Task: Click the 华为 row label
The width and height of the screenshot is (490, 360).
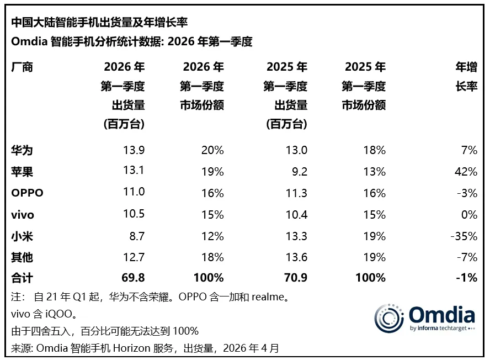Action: tap(22, 150)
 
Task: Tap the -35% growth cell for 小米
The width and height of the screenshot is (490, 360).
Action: tap(463, 236)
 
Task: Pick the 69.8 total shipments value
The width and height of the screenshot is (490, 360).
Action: tap(133, 278)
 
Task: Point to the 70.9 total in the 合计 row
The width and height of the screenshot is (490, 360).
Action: tap(295, 278)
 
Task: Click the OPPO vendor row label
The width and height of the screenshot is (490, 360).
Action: tap(27, 193)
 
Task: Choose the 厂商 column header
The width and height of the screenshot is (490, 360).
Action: tap(22, 67)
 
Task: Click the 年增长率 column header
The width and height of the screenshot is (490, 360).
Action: tap(465, 77)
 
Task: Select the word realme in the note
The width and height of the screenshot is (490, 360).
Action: tap(269, 297)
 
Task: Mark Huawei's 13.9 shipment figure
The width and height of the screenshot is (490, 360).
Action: tap(133, 150)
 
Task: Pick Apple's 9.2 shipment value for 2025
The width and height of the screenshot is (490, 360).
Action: tap(300, 172)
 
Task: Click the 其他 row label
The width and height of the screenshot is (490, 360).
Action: tap(22, 257)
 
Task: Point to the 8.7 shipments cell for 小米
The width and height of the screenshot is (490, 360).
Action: tap(136, 236)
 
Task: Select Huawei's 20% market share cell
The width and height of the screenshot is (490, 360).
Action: tap(212, 150)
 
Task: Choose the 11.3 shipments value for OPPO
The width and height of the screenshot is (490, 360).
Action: tap(296, 193)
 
